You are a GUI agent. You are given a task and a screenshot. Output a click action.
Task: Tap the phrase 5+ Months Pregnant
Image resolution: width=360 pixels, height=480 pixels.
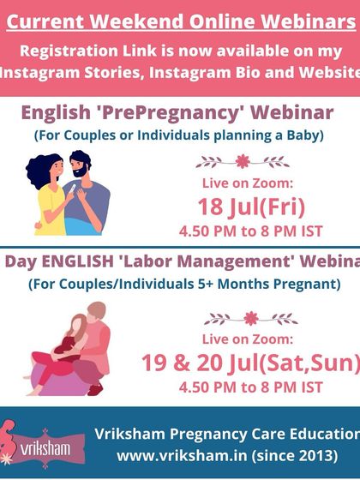[267, 282]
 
